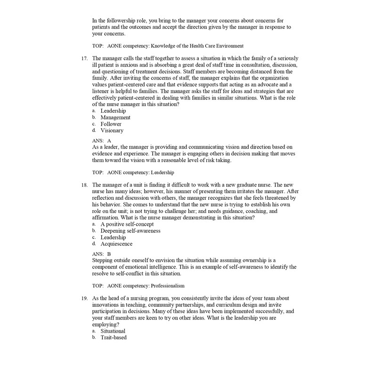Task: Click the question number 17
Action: [x=85, y=58]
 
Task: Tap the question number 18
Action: [x=85, y=185]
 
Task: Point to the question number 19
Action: [x=85, y=298]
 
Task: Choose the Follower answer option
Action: [x=111, y=124]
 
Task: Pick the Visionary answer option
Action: [x=112, y=131]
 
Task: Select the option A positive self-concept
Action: [x=127, y=224]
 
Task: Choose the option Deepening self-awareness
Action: [x=130, y=231]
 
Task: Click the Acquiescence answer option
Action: [x=116, y=244]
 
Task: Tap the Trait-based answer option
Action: [x=114, y=338]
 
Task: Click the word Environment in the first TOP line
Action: [x=228, y=46]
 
